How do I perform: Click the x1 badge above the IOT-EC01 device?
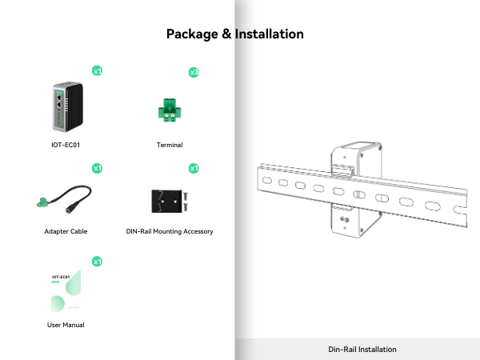click(x=97, y=71)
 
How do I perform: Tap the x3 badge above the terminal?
click(x=194, y=72)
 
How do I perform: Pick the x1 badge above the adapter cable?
click(x=97, y=168)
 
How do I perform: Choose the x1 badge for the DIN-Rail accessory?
click(x=194, y=168)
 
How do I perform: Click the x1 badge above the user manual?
click(x=97, y=262)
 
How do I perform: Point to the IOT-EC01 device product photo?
click(x=66, y=106)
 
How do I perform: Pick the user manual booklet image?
click(x=66, y=294)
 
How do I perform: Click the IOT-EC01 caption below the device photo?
click(x=66, y=146)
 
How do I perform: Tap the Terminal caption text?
click(x=170, y=146)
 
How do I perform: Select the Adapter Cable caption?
click(x=66, y=231)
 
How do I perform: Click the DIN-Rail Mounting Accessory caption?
click(x=170, y=231)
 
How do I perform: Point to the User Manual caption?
click(x=66, y=325)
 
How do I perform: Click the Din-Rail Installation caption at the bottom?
click(x=362, y=350)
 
